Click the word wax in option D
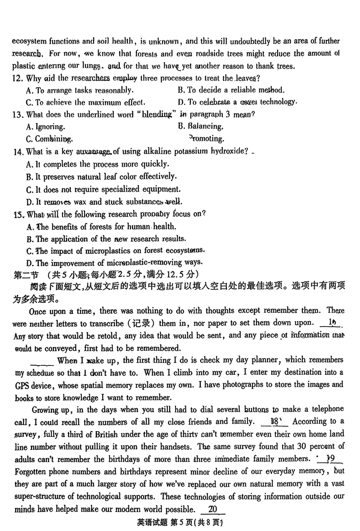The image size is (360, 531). (82, 201)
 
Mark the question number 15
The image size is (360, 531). (19, 214)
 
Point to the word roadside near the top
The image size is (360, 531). (256, 54)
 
